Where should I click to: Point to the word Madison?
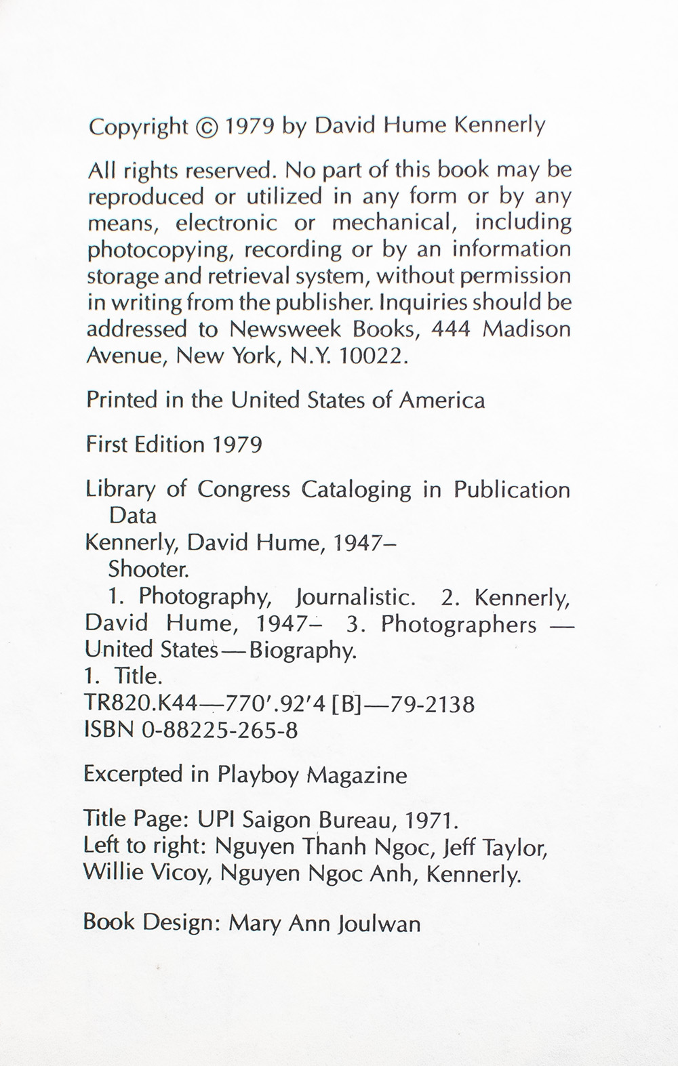click(x=527, y=329)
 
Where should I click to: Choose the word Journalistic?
click(x=355, y=597)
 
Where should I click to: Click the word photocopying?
click(x=161, y=250)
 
